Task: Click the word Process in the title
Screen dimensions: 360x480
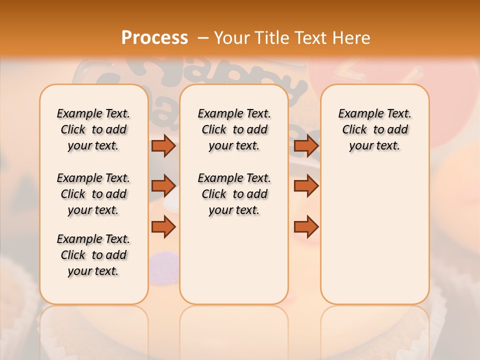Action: pos(154,37)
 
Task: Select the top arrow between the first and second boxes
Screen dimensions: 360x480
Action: pos(163,145)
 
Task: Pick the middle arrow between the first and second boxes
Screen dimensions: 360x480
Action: pos(163,186)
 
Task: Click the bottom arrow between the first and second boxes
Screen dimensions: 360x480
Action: pos(163,227)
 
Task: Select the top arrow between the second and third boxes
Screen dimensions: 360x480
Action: pos(306,145)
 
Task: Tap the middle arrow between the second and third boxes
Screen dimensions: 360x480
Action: pos(306,186)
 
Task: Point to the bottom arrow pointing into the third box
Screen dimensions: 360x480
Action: pos(306,227)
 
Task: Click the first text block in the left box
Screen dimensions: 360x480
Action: pos(93,129)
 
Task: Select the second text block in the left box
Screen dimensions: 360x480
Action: pos(93,194)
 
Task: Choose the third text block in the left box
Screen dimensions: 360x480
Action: pos(93,255)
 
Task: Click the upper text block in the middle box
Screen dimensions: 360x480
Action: pos(234,129)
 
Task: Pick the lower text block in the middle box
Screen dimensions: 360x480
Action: pos(234,194)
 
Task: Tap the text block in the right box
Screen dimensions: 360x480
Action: pos(375,129)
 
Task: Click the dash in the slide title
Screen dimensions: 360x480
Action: pos(203,37)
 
